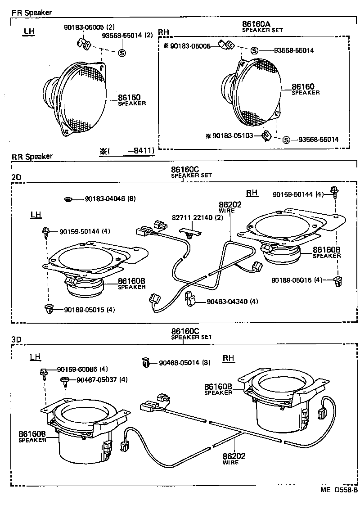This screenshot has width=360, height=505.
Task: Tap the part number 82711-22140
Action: pyautogui.click(x=193, y=217)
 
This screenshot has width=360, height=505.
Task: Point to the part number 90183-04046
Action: pyautogui.click(x=105, y=198)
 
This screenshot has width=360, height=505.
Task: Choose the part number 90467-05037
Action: pyautogui.click(x=96, y=379)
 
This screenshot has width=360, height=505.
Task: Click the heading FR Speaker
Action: pyautogui.click(x=31, y=13)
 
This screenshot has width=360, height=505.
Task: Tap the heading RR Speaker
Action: pyautogui.click(x=32, y=157)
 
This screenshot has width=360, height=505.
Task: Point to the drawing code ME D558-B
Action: pyautogui.click(x=339, y=490)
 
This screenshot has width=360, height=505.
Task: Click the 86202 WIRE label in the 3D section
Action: pyautogui.click(x=234, y=458)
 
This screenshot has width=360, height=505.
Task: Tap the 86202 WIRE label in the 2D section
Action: pyautogui.click(x=230, y=207)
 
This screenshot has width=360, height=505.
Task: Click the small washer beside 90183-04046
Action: pyautogui.click(x=68, y=199)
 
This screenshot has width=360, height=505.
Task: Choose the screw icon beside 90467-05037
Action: pyautogui.click(x=65, y=380)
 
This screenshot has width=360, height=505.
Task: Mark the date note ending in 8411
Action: pyautogui.click(x=127, y=151)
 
